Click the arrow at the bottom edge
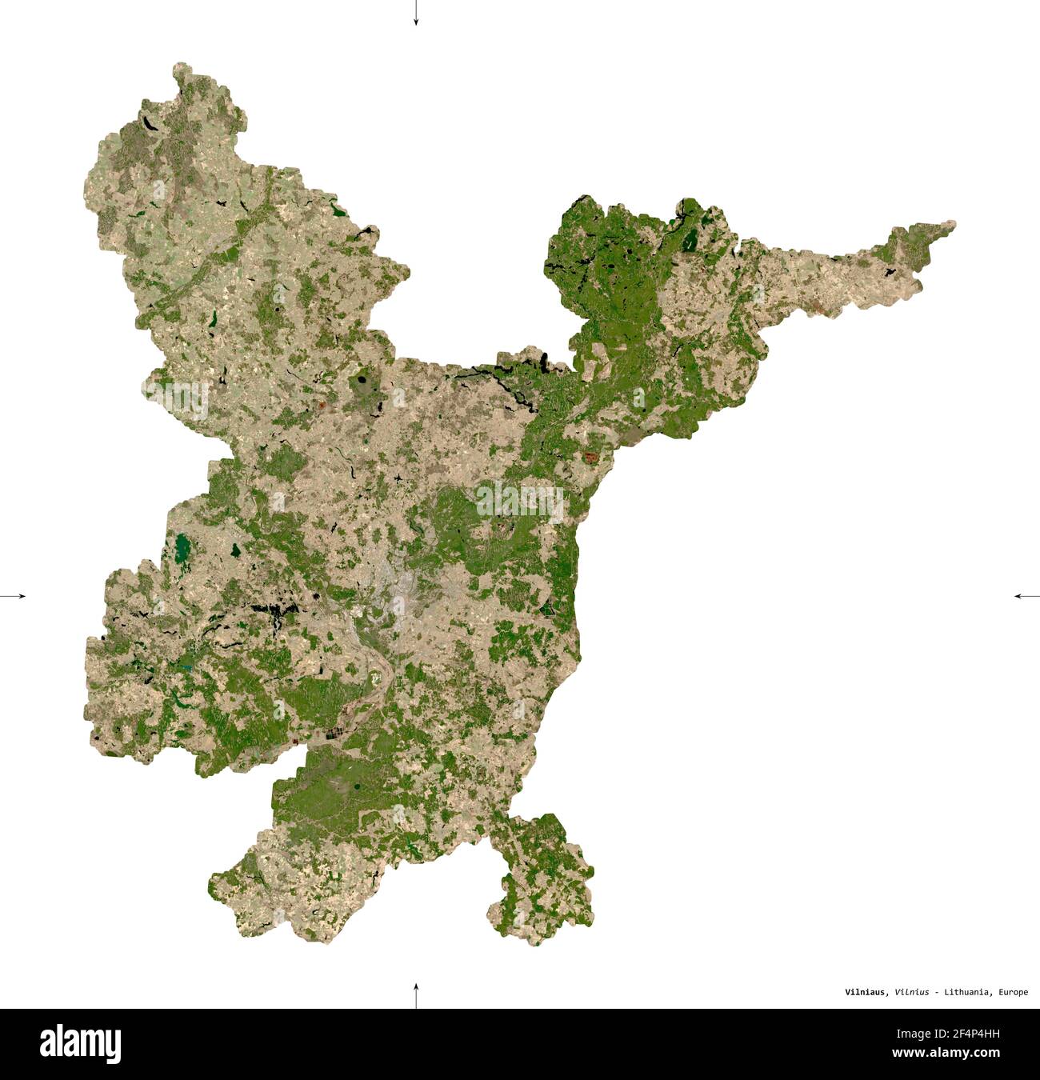(415, 996)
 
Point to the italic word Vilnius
(912, 992)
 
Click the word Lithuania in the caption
(967, 992)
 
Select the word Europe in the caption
(1013, 992)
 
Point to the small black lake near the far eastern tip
(889, 272)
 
